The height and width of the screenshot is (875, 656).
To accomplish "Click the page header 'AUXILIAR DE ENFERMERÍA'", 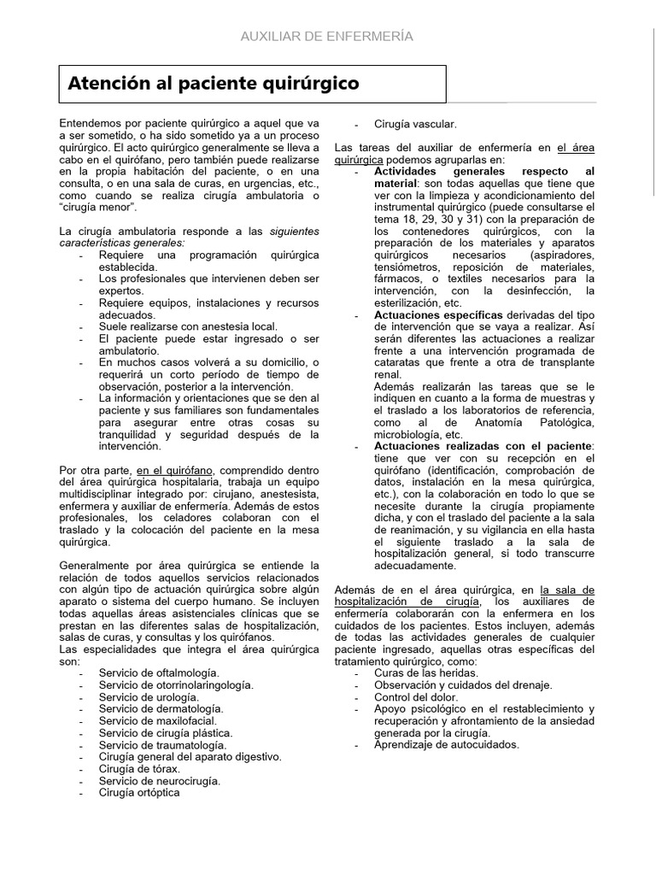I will (x=327, y=36).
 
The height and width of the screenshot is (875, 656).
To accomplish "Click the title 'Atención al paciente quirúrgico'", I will (x=214, y=83).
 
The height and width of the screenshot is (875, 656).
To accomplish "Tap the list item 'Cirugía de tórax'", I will (x=139, y=768).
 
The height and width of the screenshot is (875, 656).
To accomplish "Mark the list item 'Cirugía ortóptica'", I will (x=139, y=792).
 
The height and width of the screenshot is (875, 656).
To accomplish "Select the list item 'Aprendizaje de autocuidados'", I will (x=446, y=744).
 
